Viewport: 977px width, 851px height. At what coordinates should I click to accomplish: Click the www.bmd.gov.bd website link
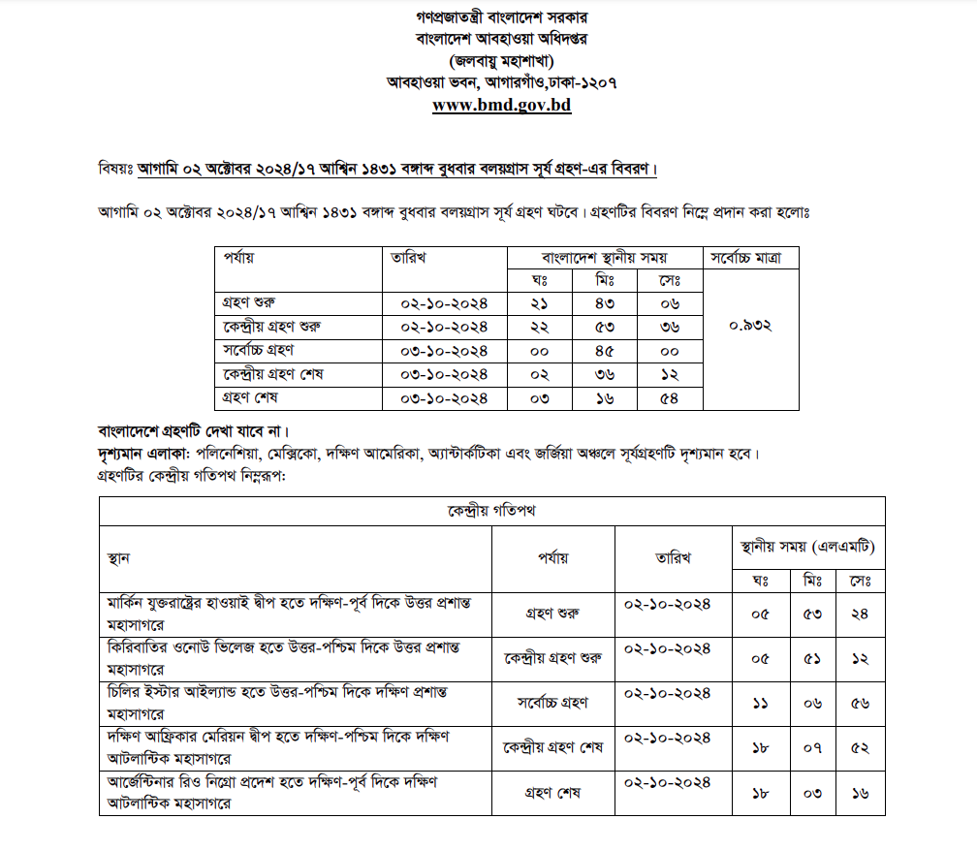click(x=501, y=105)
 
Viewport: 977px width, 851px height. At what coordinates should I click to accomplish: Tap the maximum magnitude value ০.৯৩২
click(x=750, y=326)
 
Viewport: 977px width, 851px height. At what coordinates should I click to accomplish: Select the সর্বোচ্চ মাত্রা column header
click(x=752, y=258)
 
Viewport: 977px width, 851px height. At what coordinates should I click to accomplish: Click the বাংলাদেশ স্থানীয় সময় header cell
click(x=605, y=258)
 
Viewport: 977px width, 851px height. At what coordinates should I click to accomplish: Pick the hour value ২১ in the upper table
click(x=541, y=303)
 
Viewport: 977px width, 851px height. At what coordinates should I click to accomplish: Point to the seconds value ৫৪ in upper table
click(x=670, y=397)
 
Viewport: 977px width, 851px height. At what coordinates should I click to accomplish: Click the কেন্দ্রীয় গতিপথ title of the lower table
click(x=491, y=511)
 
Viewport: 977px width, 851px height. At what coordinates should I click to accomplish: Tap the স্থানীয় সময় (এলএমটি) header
click(x=806, y=548)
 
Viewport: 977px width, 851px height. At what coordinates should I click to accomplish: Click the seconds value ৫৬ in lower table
click(x=859, y=704)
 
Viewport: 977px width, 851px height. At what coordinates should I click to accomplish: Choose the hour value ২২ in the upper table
click(x=541, y=327)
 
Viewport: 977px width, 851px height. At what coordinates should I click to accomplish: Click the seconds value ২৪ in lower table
click(x=859, y=613)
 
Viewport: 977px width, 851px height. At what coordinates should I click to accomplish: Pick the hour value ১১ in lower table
click(x=760, y=704)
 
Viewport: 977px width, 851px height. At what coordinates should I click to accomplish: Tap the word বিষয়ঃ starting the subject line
click(x=116, y=168)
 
